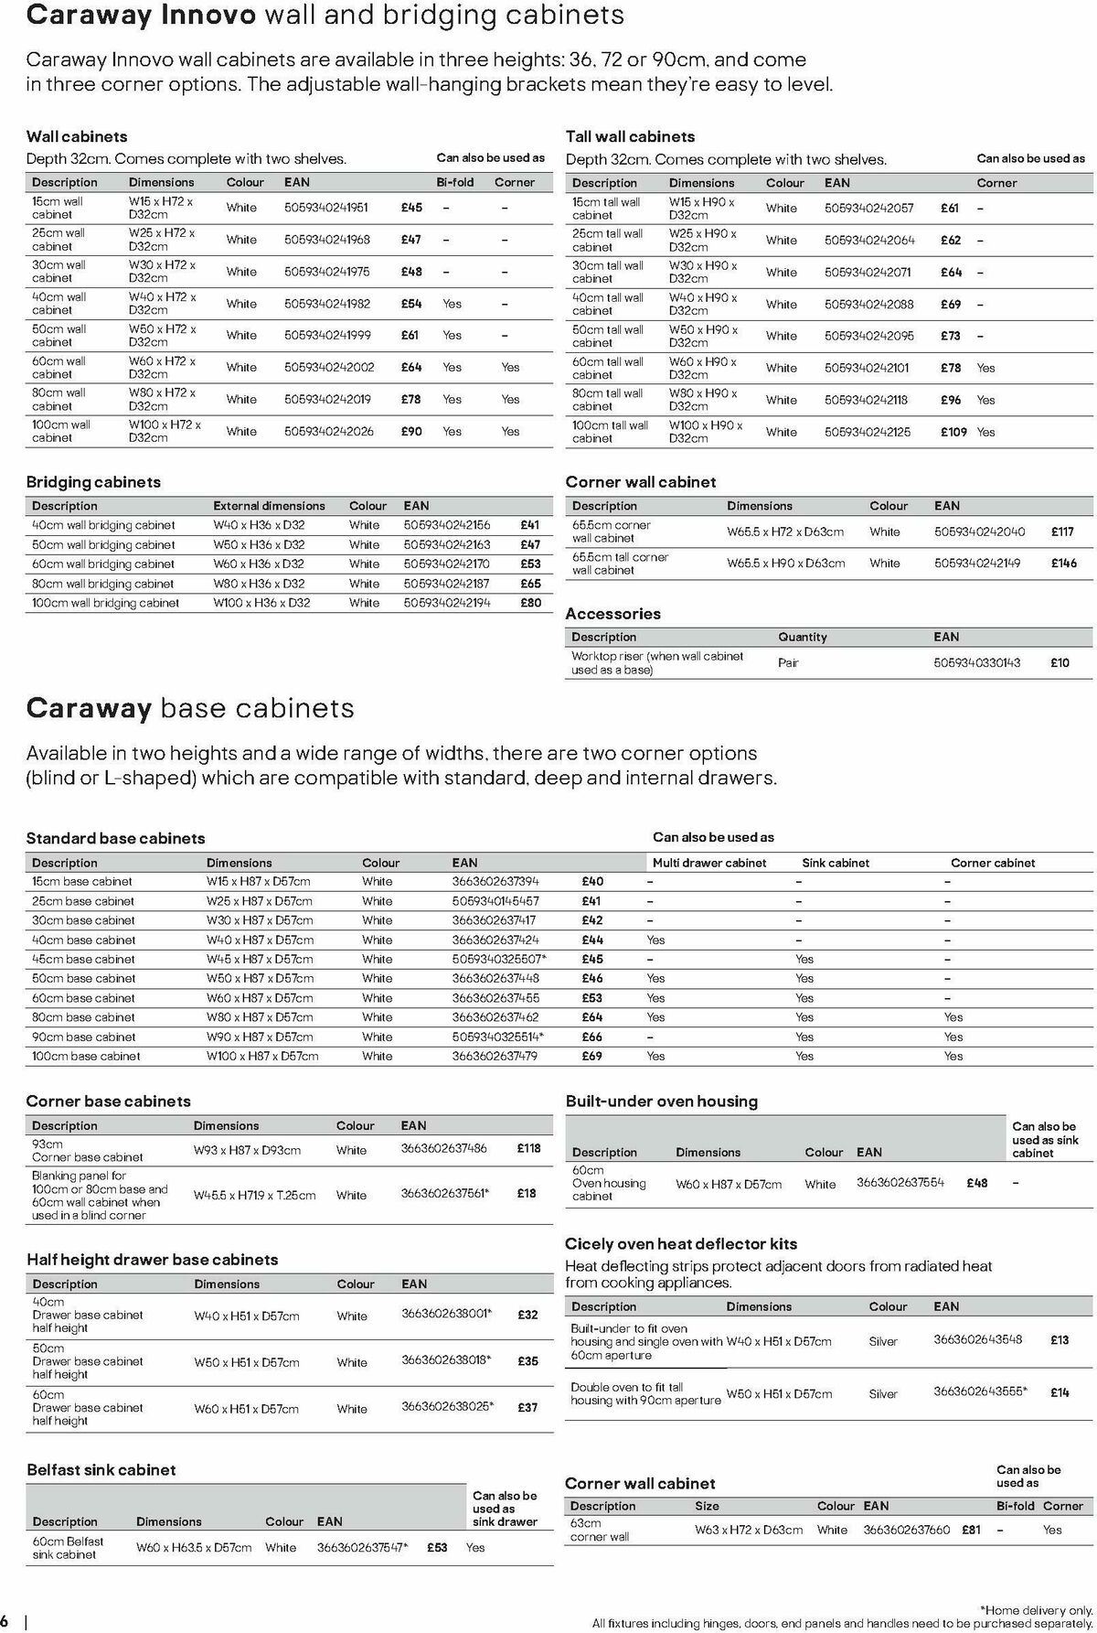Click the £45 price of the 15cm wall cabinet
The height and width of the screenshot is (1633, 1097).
click(x=411, y=208)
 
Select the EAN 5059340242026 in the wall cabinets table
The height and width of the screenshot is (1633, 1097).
click(x=329, y=431)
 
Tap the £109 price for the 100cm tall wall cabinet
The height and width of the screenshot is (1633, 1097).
click(x=953, y=432)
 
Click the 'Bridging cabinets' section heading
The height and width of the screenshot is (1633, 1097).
click(x=93, y=482)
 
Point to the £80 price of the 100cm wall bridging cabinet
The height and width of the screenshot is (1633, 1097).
click(x=530, y=603)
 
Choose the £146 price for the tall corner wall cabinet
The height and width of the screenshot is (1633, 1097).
click(x=1064, y=564)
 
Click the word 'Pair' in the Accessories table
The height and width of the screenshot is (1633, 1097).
click(x=788, y=662)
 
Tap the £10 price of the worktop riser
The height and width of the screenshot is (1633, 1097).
click(x=1060, y=662)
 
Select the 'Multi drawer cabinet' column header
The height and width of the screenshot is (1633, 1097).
click(x=709, y=863)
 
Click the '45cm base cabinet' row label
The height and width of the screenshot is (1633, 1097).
click(x=83, y=959)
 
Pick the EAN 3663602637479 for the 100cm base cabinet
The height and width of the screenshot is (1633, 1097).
click(x=495, y=1056)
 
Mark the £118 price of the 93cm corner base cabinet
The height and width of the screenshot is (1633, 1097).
click(x=528, y=1148)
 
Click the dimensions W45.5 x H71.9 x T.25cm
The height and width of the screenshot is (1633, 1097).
click(x=254, y=1195)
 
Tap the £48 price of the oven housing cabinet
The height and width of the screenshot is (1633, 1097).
click(x=976, y=1183)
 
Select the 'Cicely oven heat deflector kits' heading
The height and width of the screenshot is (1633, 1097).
click(x=681, y=1244)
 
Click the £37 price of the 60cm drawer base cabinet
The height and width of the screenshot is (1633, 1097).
click(x=527, y=1407)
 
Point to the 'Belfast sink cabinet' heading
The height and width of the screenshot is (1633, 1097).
click(x=101, y=1470)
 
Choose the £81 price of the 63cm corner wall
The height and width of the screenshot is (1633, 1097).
click(x=971, y=1530)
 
